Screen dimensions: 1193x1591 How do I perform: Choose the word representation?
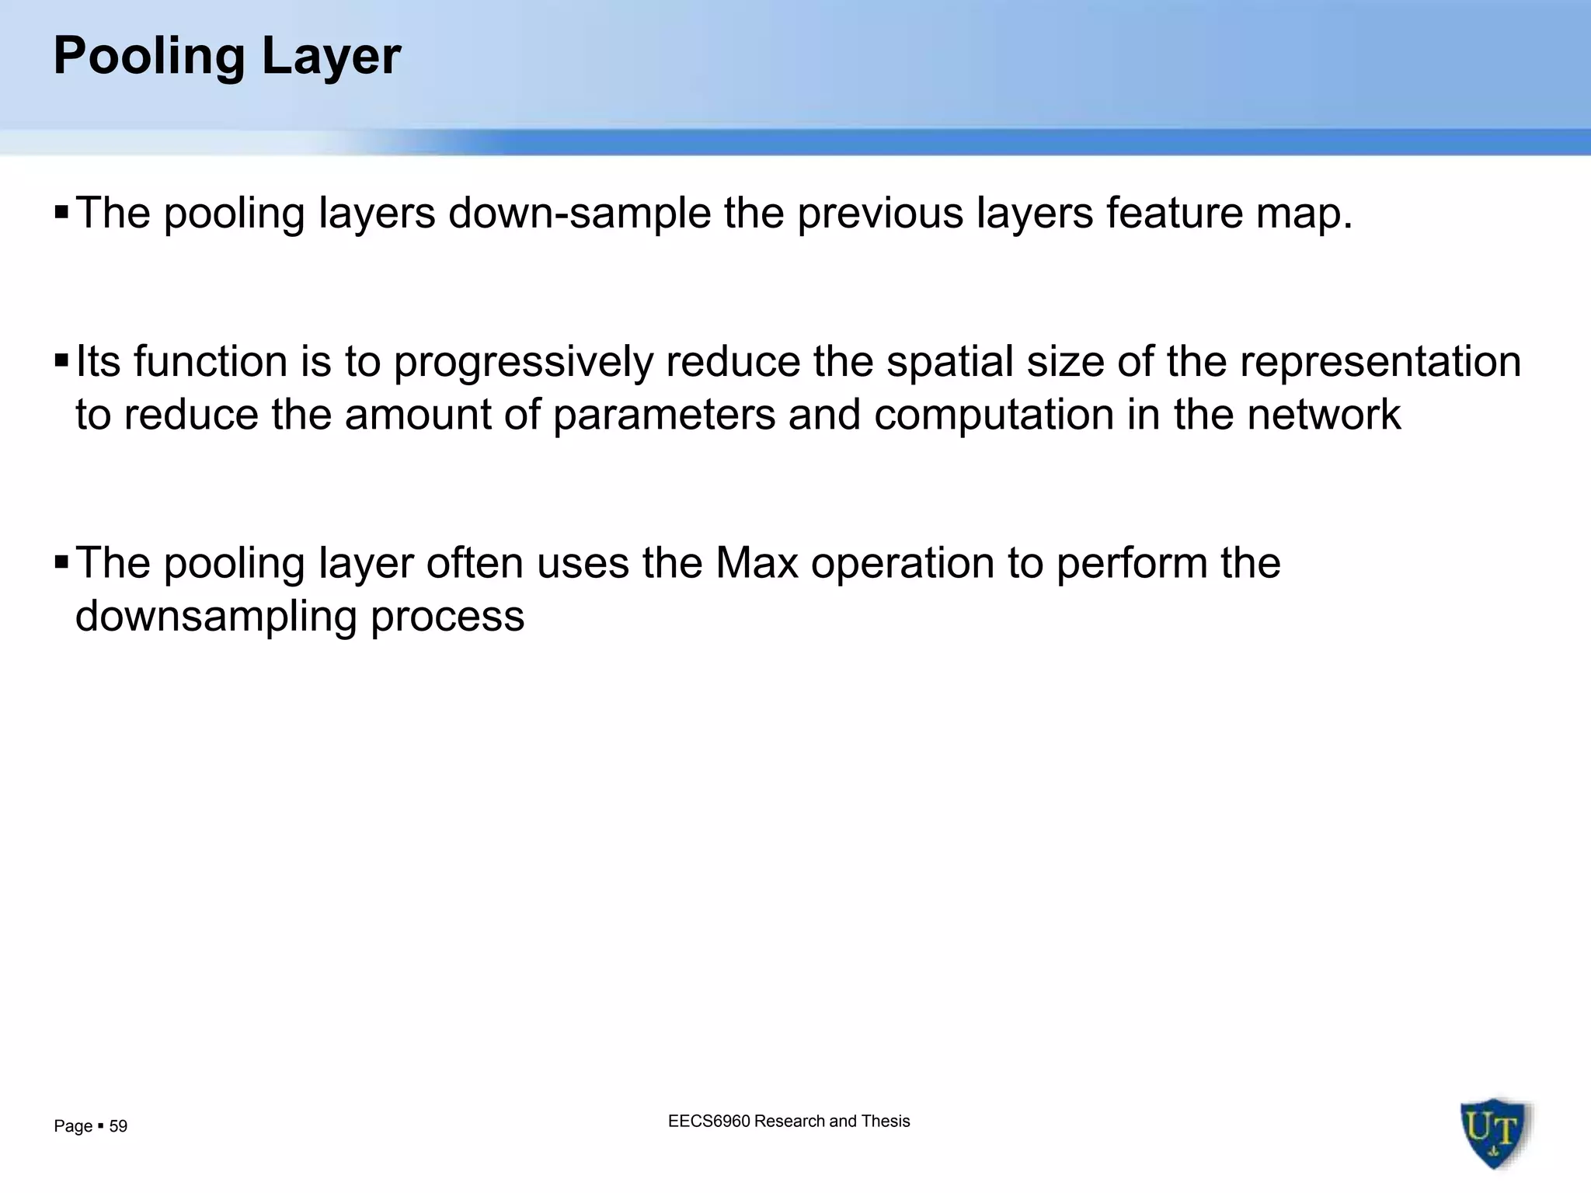click(x=1380, y=363)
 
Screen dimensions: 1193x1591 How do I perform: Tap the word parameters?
click(x=664, y=415)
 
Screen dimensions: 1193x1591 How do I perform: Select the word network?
click(x=1324, y=414)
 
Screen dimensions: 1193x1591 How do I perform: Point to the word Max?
click(x=757, y=563)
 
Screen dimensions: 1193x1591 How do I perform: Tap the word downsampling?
click(x=216, y=617)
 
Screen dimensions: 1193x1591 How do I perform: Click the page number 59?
click(x=118, y=1126)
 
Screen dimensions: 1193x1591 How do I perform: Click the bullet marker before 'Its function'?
click(x=62, y=361)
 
